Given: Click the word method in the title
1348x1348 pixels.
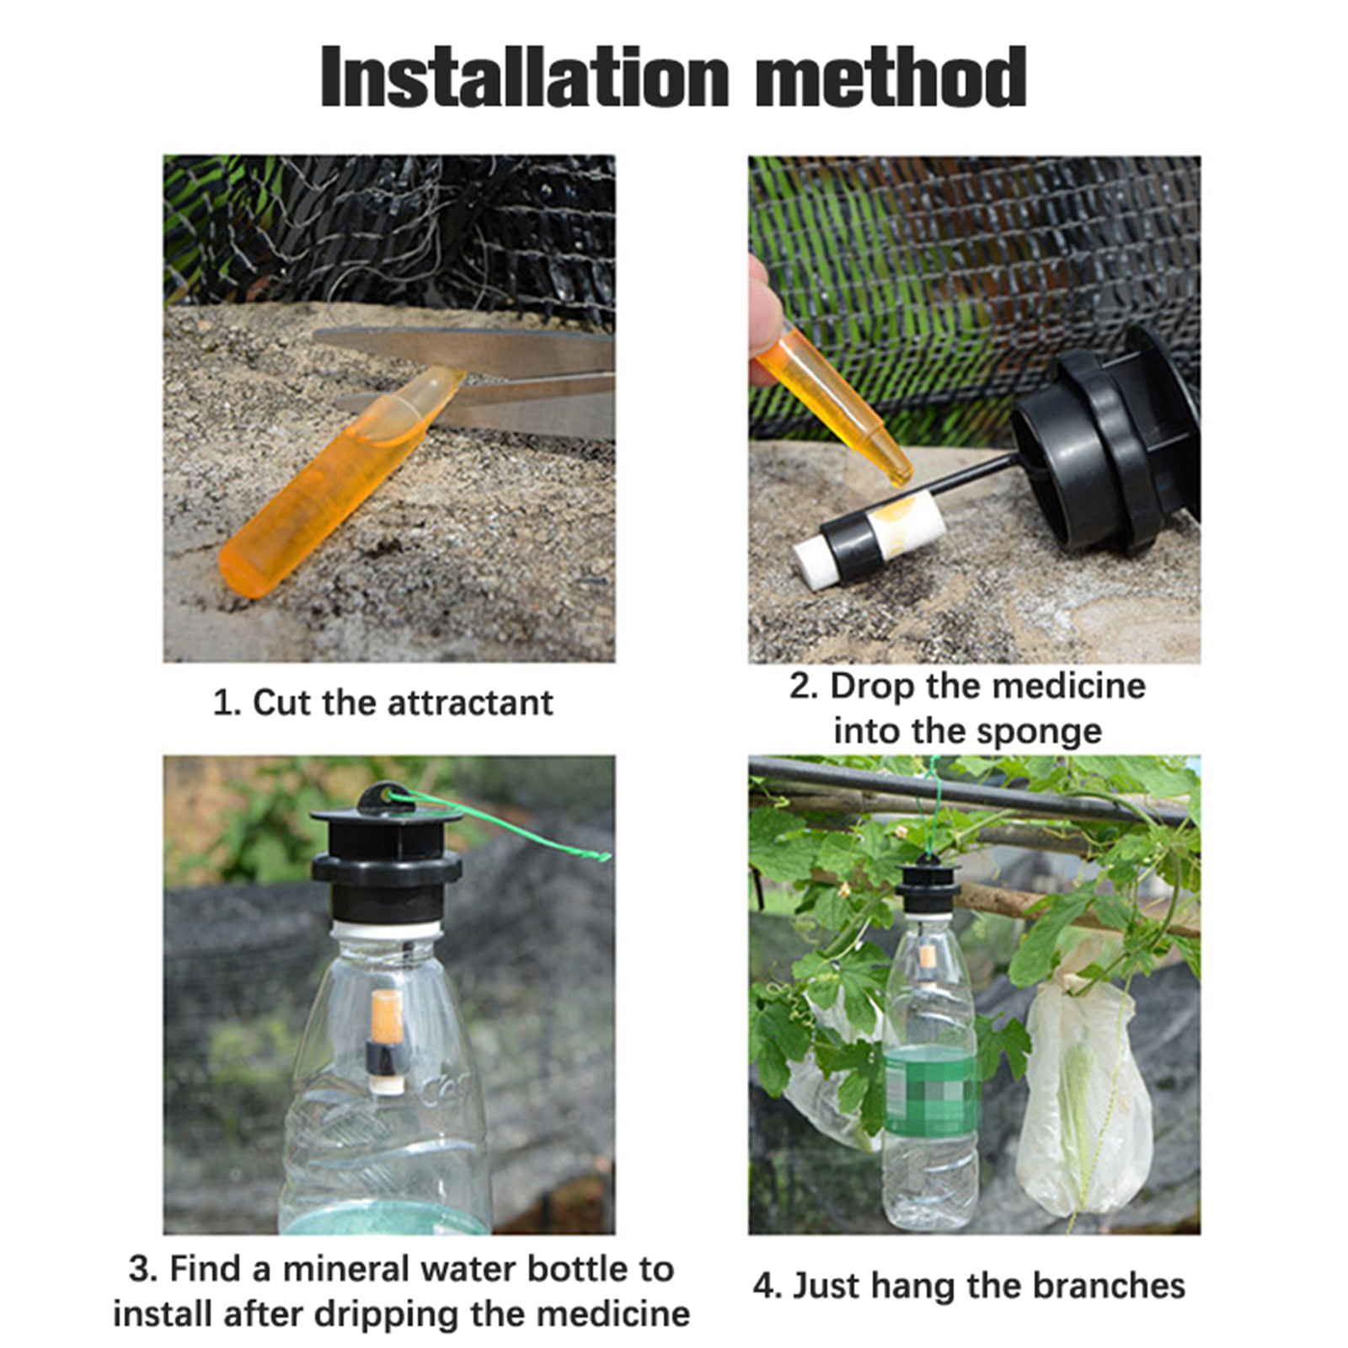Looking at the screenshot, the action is (x=891, y=77).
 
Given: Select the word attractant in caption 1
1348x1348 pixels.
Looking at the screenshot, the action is (x=470, y=703).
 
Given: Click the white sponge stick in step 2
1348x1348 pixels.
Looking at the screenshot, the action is (x=868, y=537).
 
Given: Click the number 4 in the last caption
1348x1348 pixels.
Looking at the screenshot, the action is (x=764, y=1286).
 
